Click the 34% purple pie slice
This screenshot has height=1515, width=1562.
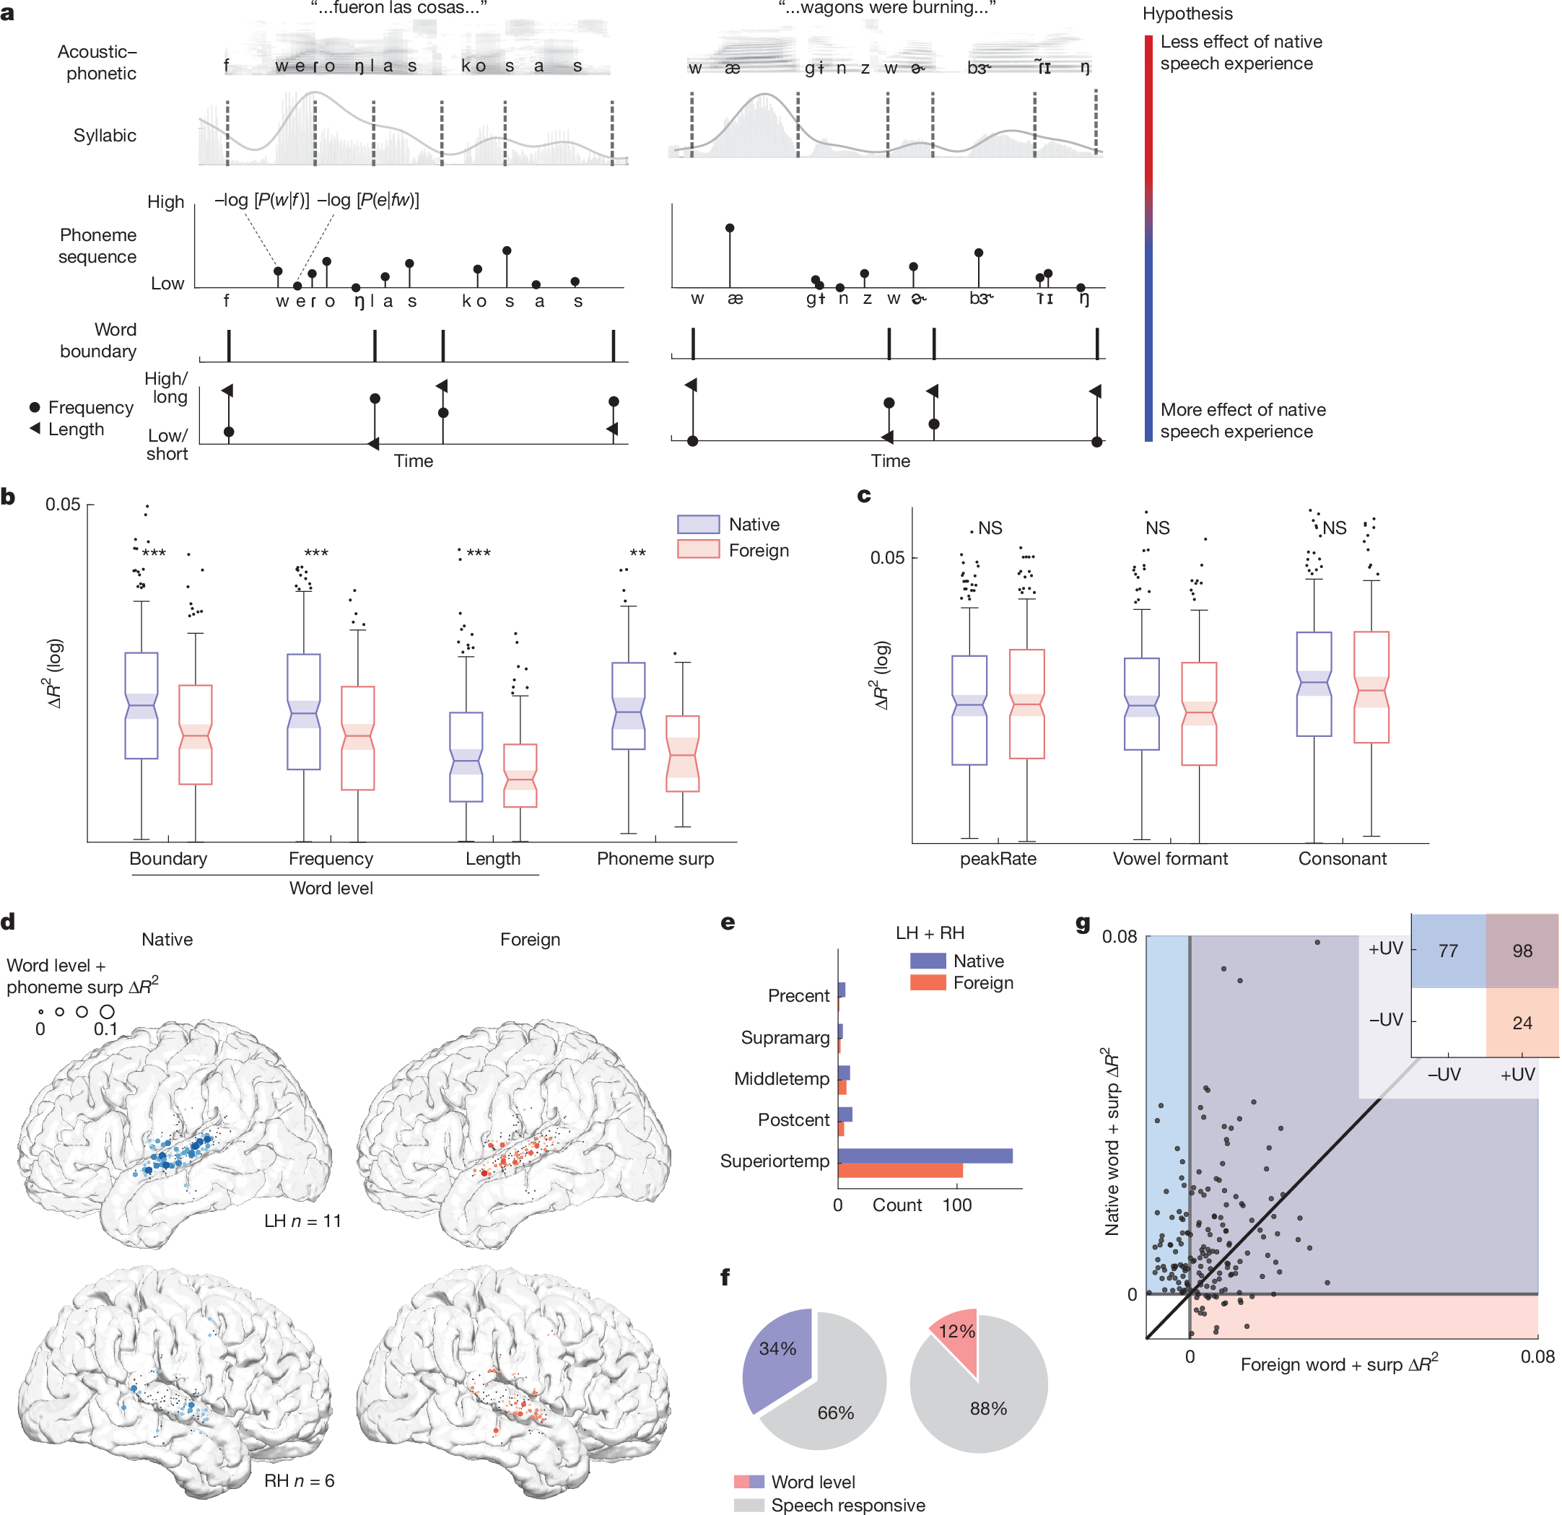[x=775, y=1355]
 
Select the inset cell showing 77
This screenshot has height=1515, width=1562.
[x=1448, y=950]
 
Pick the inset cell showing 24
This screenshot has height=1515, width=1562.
[x=1522, y=1023]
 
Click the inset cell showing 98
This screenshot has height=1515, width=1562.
[x=1522, y=950]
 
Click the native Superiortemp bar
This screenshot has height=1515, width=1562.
[x=925, y=1156]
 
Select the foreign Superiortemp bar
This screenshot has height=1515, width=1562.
[x=900, y=1170]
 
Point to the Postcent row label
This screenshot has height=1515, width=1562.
[x=793, y=1119]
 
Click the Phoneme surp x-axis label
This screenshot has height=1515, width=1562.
[x=655, y=858]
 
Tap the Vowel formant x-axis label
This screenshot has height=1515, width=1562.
[x=1169, y=858]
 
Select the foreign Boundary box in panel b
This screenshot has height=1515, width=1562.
[x=195, y=734]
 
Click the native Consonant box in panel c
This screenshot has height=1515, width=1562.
[x=1314, y=684]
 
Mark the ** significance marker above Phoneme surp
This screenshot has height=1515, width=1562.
[x=637, y=553]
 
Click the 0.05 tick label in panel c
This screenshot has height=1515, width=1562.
[x=886, y=557]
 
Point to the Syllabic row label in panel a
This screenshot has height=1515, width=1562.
[x=105, y=136]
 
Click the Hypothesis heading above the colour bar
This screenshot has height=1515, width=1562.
[x=1187, y=14]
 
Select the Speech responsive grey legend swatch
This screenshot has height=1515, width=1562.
[x=749, y=1505]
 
